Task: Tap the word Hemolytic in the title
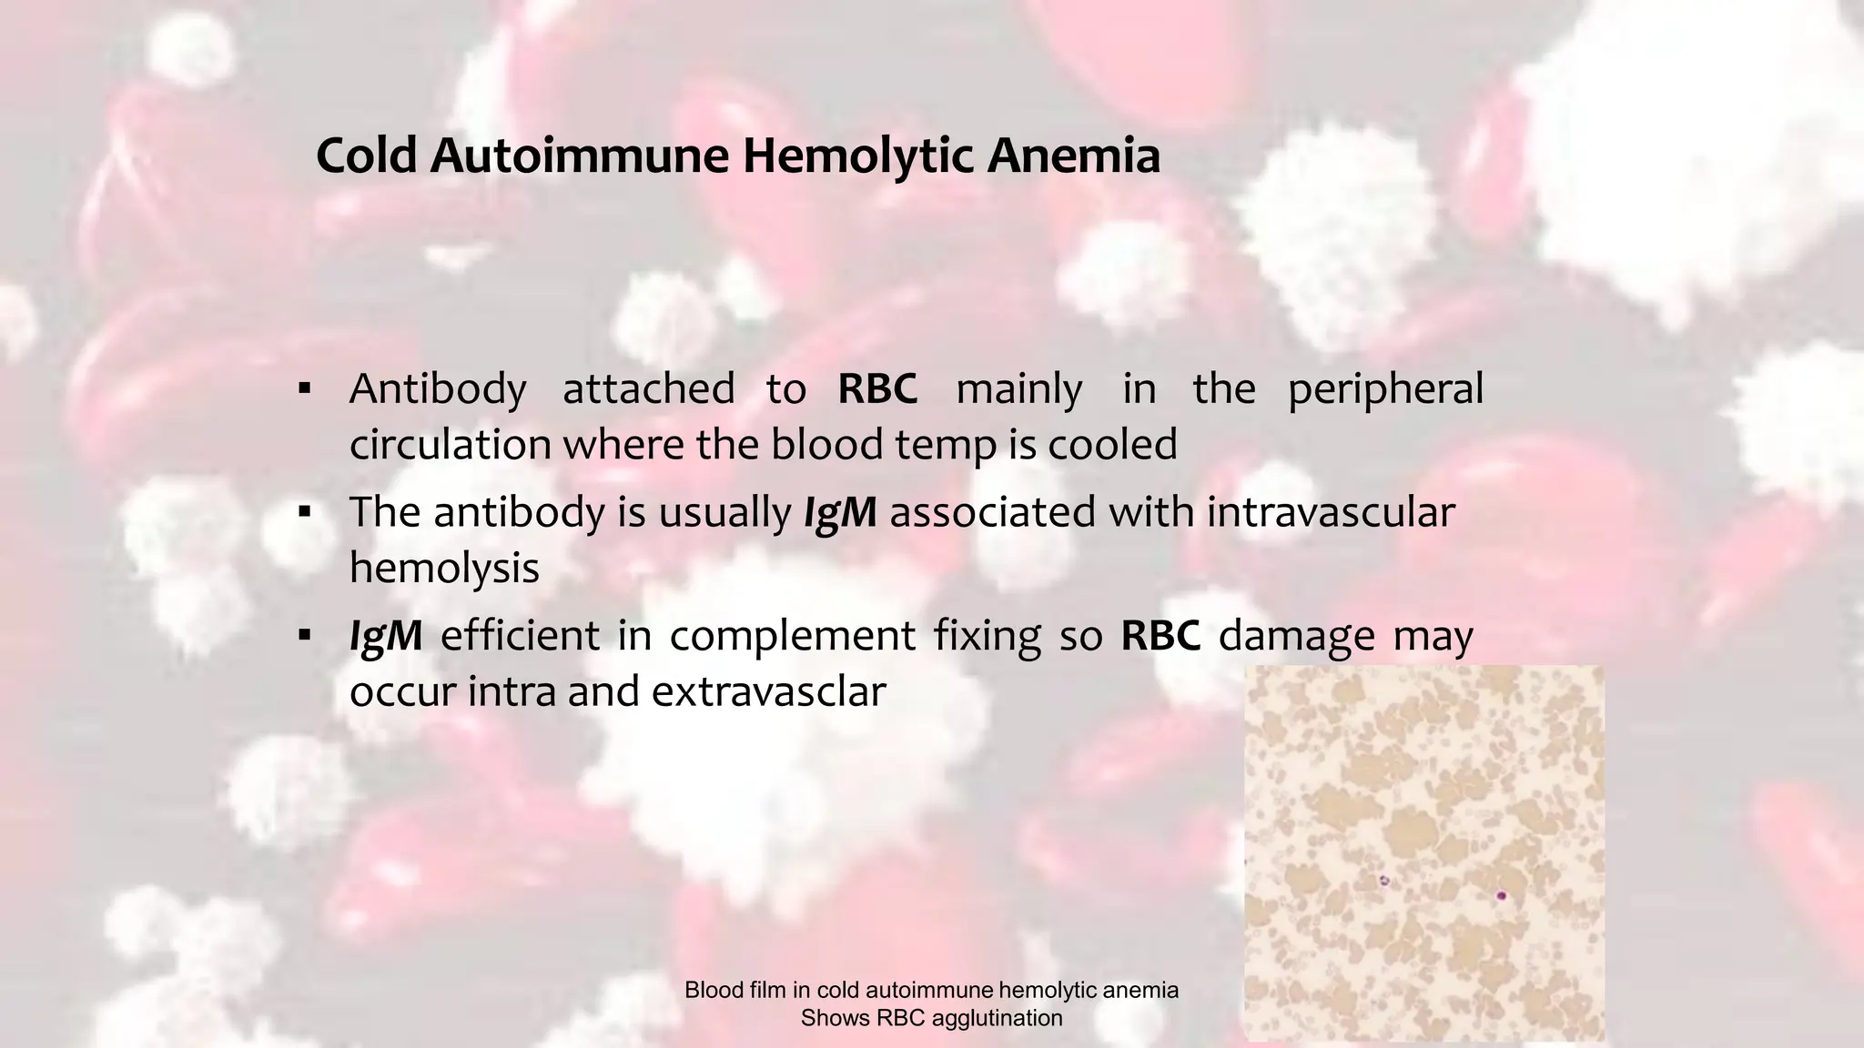857,156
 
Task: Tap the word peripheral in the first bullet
1385,389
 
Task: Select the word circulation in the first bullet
451,445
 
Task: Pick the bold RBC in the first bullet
877,389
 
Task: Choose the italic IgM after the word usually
839,512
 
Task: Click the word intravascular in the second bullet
1331,512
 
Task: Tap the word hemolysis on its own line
444,569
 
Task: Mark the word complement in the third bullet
792,635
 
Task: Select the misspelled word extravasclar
768,691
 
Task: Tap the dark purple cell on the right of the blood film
1501,896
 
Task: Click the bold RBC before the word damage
1160,635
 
